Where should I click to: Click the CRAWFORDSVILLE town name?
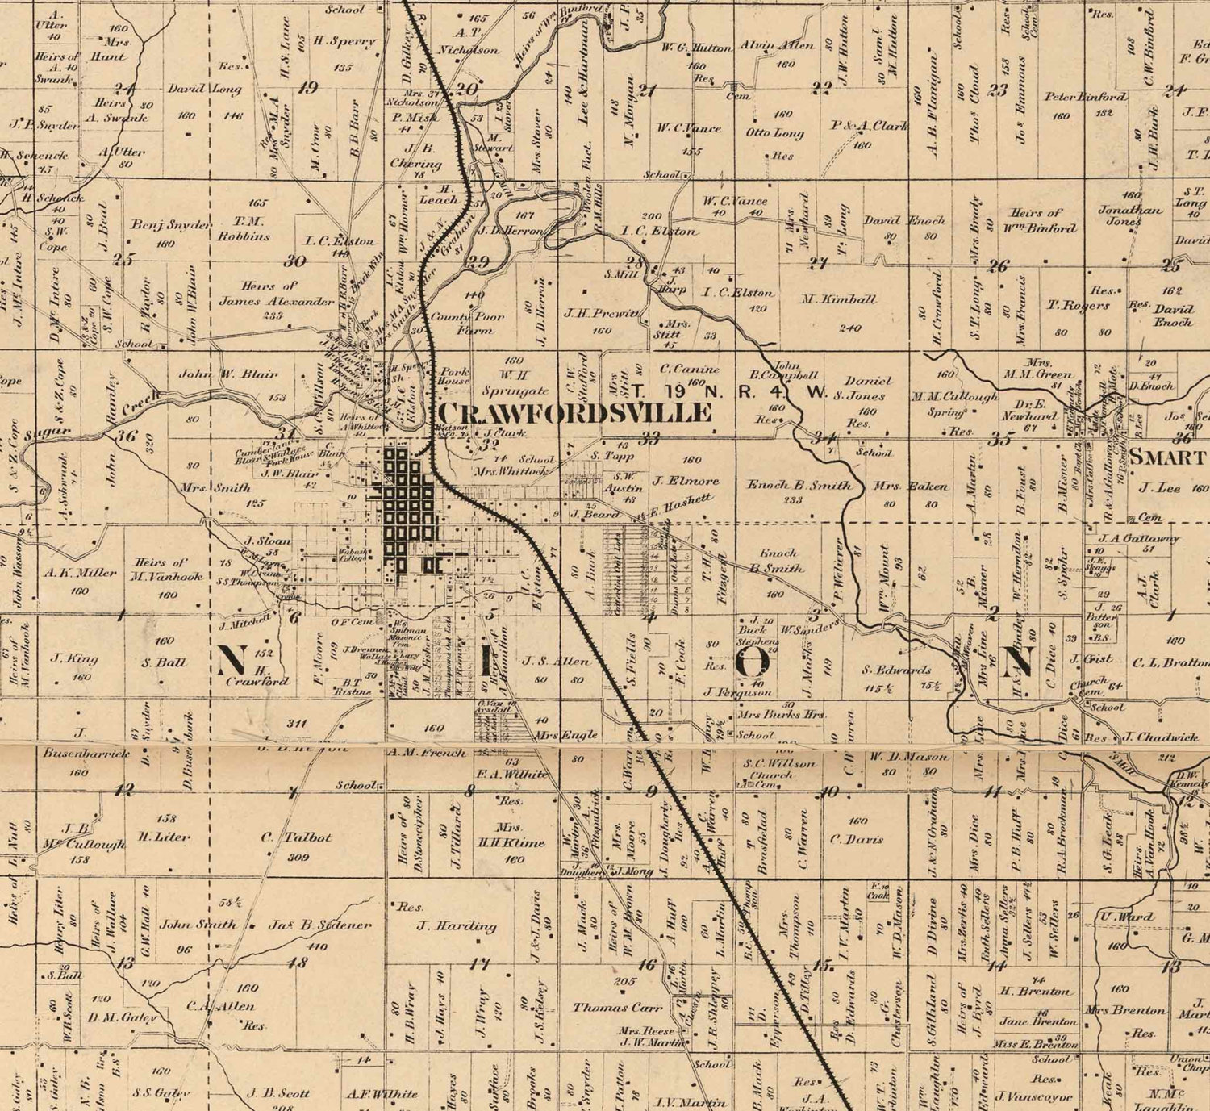(574, 413)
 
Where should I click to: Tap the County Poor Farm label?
(478, 323)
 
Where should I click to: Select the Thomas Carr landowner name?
(617, 1007)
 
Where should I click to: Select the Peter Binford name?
(1085, 97)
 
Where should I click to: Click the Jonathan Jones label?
(1130, 215)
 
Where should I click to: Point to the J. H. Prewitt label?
(602, 313)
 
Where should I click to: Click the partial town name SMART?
(1166, 457)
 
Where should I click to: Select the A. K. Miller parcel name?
(81, 572)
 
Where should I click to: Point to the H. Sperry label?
(344, 41)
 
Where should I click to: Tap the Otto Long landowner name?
(774, 133)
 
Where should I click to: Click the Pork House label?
(454, 375)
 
